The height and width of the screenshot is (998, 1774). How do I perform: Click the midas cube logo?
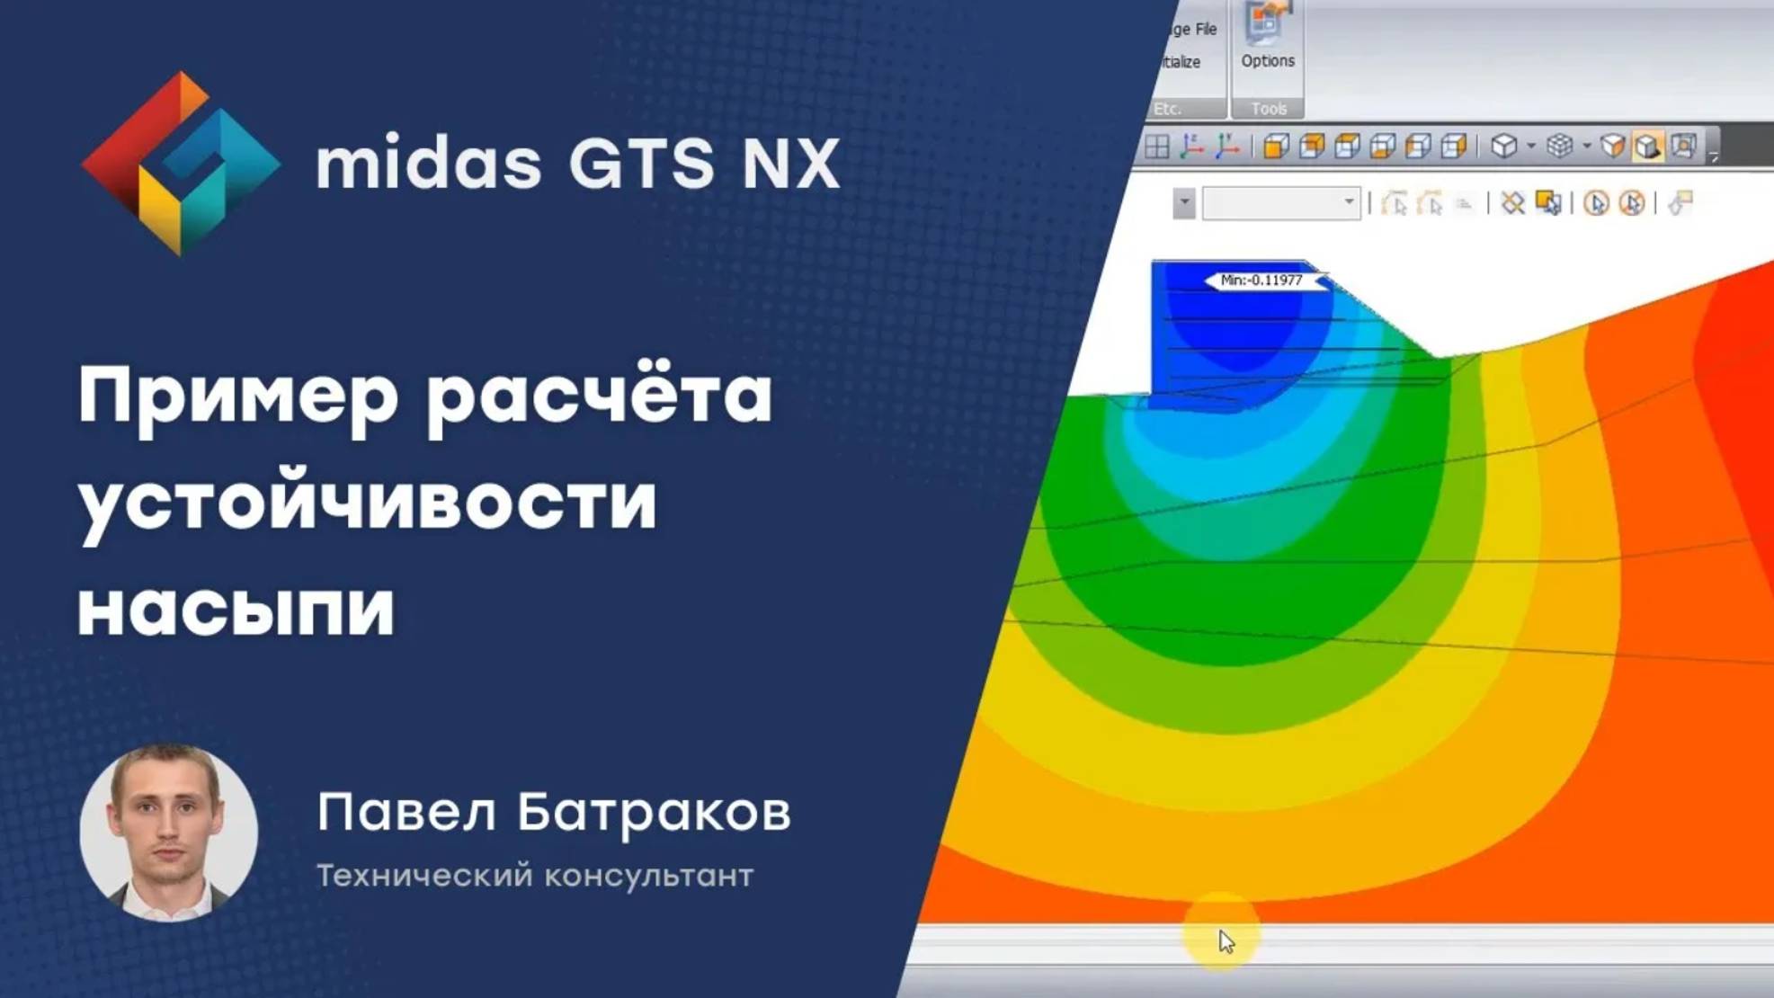pyautogui.click(x=180, y=164)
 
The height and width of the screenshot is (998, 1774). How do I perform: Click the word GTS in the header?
pyautogui.click(x=640, y=165)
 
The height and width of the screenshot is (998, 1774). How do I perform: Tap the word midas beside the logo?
pyautogui.click(x=428, y=165)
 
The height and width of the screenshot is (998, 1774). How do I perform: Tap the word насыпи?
pyautogui.click(x=236, y=608)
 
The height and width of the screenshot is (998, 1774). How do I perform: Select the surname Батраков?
pyautogui.click(x=654, y=812)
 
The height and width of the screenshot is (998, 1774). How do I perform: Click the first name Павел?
pyautogui.click(x=406, y=812)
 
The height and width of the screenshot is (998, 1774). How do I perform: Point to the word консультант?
pyautogui.click(x=648, y=876)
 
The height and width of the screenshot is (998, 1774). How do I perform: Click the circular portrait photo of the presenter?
pyautogui.click(x=169, y=833)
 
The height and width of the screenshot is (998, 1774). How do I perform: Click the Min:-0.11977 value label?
pyautogui.click(x=1261, y=281)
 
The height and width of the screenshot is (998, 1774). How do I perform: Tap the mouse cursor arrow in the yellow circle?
pyautogui.click(x=1226, y=941)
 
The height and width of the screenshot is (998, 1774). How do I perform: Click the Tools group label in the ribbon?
pyautogui.click(x=1268, y=109)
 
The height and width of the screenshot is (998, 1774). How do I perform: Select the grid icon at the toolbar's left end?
pyautogui.click(x=1157, y=147)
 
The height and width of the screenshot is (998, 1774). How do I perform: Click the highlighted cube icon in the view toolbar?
pyautogui.click(x=1646, y=147)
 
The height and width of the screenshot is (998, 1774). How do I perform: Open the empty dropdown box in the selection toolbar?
pyautogui.click(x=1280, y=203)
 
